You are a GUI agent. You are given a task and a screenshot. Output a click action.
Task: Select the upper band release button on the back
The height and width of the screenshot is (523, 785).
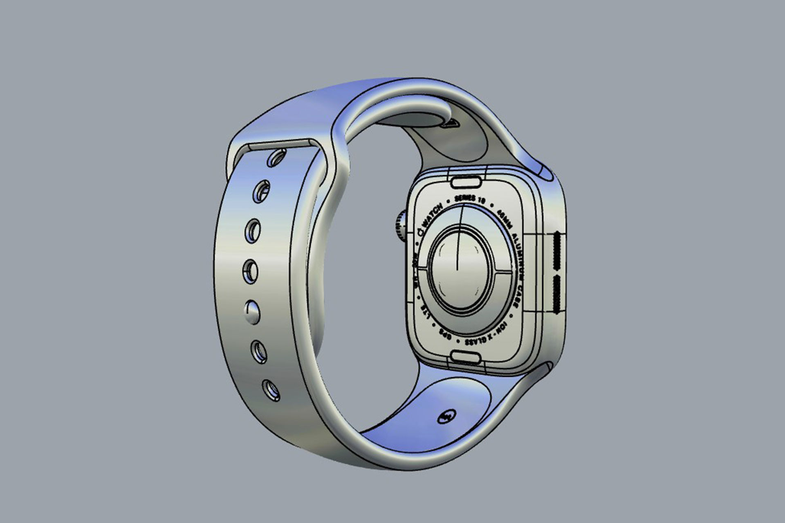tap(466, 182)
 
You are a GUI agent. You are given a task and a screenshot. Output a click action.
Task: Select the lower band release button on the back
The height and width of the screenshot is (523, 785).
tap(466, 358)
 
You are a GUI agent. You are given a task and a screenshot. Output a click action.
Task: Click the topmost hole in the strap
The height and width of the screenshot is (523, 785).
tap(276, 158)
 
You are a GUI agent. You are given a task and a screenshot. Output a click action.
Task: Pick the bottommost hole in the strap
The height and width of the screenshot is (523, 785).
tap(271, 390)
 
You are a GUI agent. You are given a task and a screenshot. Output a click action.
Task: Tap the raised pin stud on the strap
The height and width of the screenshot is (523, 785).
tap(252, 312)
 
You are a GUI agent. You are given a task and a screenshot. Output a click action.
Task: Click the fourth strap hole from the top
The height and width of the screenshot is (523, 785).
tap(250, 271)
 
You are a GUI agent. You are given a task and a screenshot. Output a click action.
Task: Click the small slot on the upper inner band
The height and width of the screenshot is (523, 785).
tap(451, 123)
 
